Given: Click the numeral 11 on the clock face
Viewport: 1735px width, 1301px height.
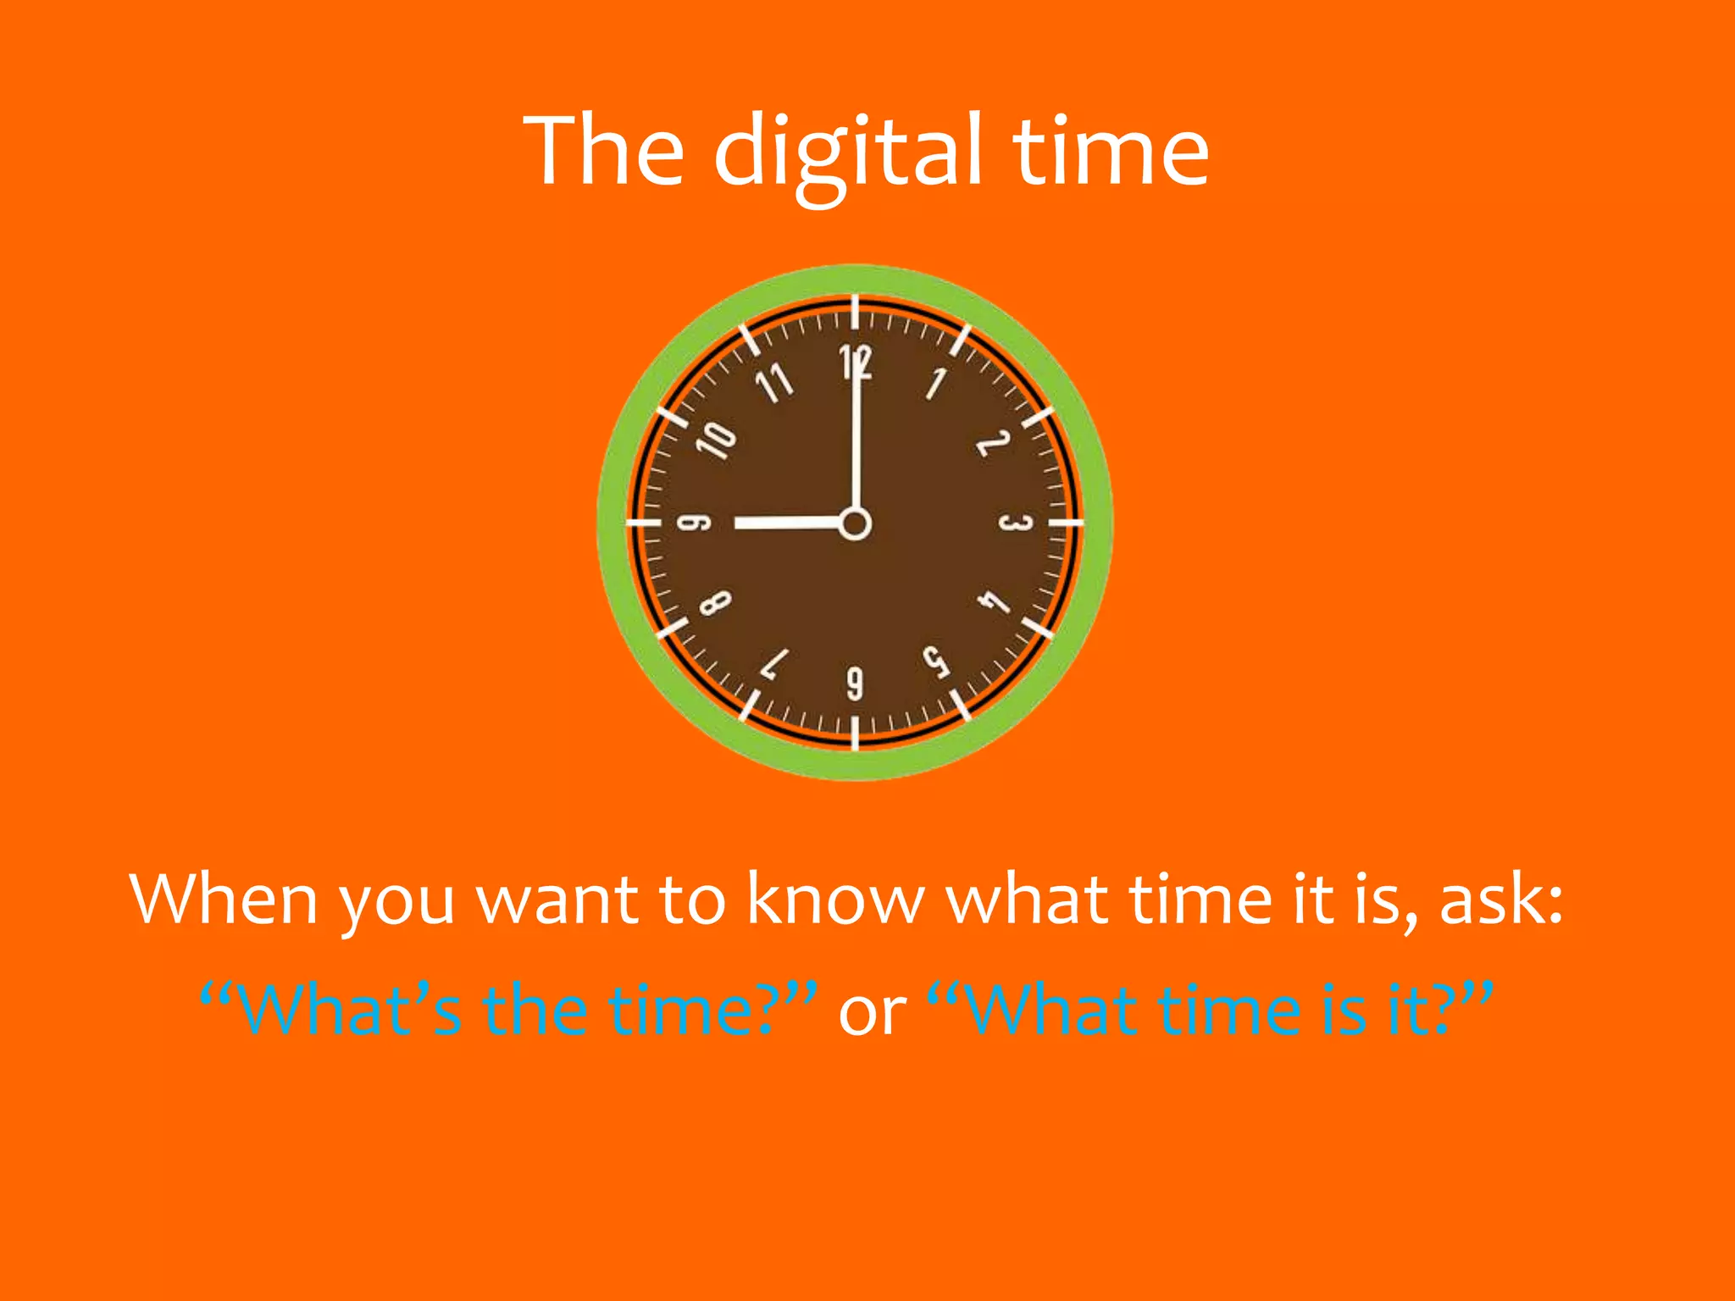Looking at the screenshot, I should [774, 384].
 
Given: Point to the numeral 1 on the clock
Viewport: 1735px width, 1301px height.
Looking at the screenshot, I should [936, 384].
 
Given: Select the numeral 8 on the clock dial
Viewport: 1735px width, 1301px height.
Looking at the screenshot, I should [715, 603].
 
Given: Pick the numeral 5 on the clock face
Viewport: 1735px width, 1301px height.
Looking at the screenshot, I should [935, 662].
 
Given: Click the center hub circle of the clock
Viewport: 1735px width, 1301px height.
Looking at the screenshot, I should [855, 523].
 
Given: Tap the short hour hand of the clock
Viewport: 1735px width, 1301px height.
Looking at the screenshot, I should [788, 523].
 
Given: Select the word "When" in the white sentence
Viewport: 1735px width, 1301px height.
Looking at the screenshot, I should [224, 900].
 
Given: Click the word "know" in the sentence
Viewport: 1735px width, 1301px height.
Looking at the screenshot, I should [835, 900].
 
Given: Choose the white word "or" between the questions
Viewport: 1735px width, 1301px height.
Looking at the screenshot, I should [872, 1011].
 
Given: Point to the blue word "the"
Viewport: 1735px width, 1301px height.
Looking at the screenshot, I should [535, 1010].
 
